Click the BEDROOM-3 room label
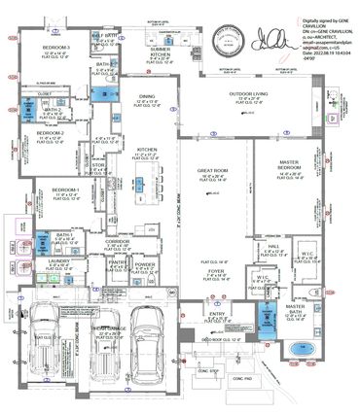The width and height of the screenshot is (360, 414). (x=55, y=47)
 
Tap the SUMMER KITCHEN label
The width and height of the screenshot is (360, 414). (x=161, y=51)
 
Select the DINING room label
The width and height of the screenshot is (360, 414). (x=147, y=95)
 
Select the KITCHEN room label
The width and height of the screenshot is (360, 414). (x=147, y=149)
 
